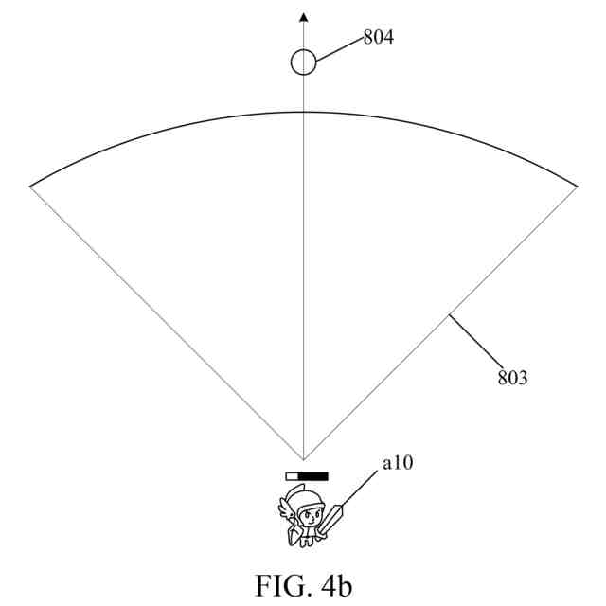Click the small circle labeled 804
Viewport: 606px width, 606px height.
coord(303,62)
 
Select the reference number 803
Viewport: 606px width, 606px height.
coord(512,379)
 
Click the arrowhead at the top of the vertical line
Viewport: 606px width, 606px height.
coord(303,17)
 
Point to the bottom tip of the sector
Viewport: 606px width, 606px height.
coord(303,459)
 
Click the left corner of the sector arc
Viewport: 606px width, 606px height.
coord(31,186)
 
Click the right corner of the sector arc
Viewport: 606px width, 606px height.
coord(576,186)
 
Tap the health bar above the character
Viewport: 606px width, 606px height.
coord(307,476)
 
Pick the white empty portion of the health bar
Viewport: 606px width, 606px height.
coord(293,476)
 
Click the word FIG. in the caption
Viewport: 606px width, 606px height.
coord(281,586)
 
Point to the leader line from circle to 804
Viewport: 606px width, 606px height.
coord(338,50)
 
